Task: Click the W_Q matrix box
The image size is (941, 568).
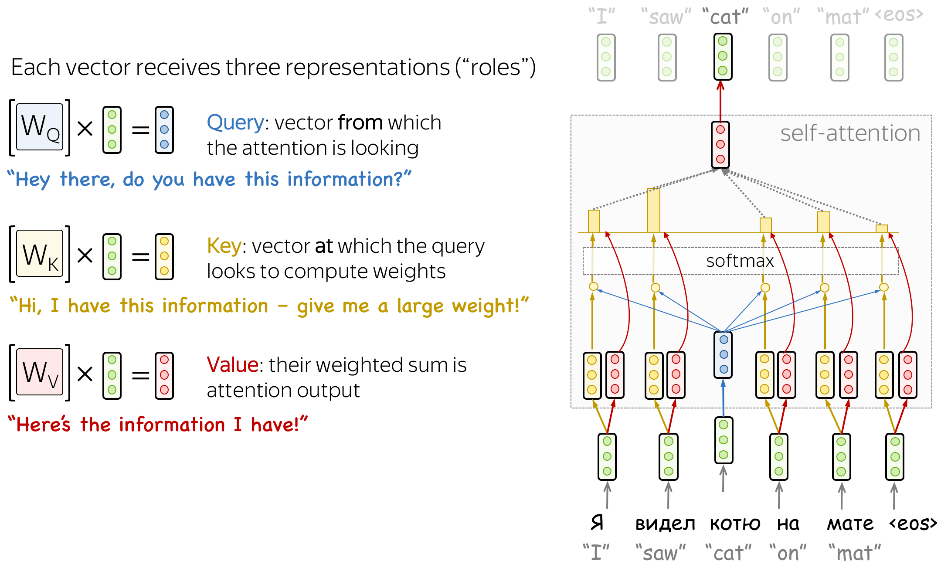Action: [40, 127]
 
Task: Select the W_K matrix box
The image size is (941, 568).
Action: [40, 254]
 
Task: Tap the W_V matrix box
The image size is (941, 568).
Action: [40, 372]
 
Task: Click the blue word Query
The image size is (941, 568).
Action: [235, 122]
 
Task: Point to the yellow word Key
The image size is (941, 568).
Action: [224, 246]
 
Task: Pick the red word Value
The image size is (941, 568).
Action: [232, 365]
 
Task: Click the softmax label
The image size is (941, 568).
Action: [740, 261]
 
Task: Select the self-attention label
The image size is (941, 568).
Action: [850, 133]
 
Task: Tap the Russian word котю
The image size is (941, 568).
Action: [735, 524]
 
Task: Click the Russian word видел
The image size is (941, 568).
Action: [665, 524]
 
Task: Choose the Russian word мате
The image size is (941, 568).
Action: [850, 524]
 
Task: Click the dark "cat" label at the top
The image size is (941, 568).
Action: [725, 17]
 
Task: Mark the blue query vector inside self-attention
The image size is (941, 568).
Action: [724, 354]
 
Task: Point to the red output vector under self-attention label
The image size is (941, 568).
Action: [720, 144]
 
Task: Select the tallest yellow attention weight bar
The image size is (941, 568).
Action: [654, 211]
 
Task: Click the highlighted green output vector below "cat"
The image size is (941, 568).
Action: [723, 56]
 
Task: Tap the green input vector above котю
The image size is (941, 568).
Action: [724, 440]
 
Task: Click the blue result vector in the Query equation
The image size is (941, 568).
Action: [164, 130]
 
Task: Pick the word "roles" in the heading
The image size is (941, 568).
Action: [495, 68]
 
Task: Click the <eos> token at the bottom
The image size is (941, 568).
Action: [913, 524]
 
